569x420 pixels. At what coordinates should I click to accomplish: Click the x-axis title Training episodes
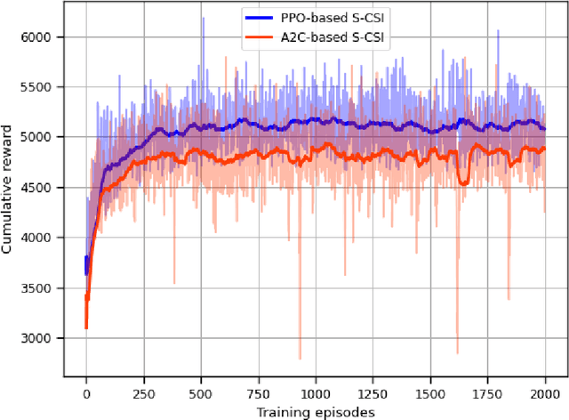(x=316, y=411)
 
